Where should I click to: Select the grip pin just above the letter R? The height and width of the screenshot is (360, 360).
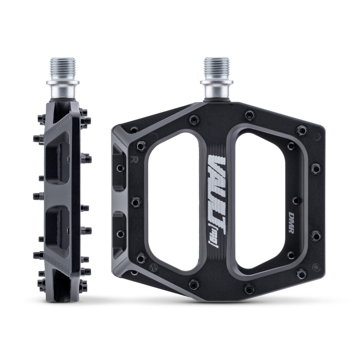coord(140,145)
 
